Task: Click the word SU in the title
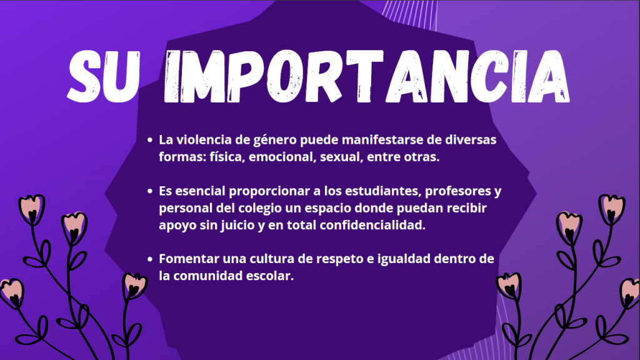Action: [103, 77]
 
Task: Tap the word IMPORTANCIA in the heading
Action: [366, 77]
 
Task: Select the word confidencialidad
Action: [372, 225]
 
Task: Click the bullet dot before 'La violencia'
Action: [150, 140]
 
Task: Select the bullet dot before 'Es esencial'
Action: [150, 191]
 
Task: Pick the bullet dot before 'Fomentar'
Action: [150, 259]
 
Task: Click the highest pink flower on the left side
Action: [31, 209]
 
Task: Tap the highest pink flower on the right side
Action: [611, 209]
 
